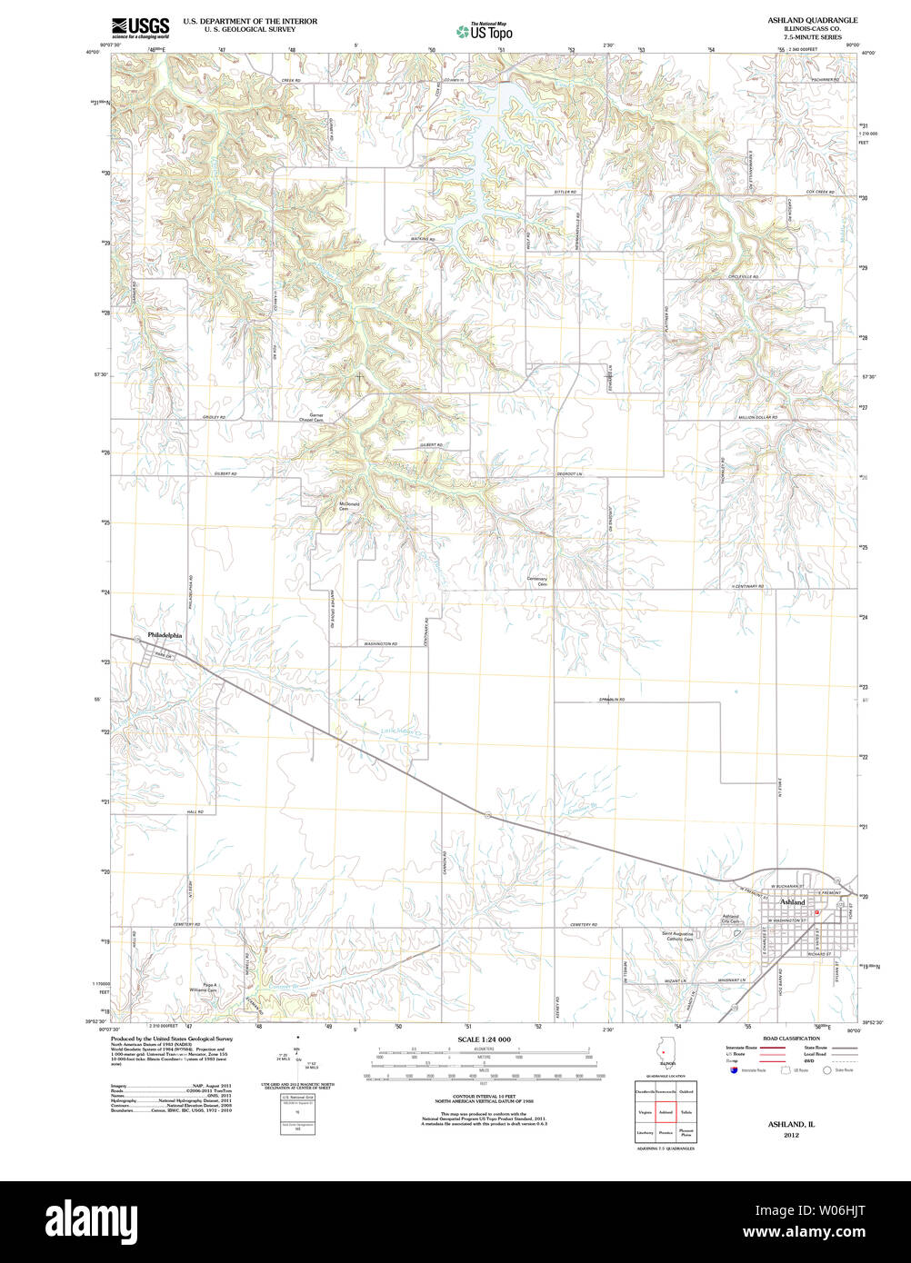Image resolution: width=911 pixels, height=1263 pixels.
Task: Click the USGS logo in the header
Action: coord(140,28)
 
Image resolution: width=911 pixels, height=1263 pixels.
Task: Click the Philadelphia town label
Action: coord(165,636)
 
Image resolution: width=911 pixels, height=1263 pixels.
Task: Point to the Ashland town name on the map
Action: coord(792,902)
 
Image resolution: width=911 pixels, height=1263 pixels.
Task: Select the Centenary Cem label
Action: coord(537,582)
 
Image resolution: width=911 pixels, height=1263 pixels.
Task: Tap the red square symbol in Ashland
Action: coord(817,911)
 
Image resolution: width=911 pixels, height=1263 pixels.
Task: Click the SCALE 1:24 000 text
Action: coord(484,1039)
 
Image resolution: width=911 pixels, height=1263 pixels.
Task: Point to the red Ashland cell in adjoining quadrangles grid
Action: coord(666,1111)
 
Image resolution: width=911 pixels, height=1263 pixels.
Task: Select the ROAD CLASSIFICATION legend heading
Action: coord(790,1039)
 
